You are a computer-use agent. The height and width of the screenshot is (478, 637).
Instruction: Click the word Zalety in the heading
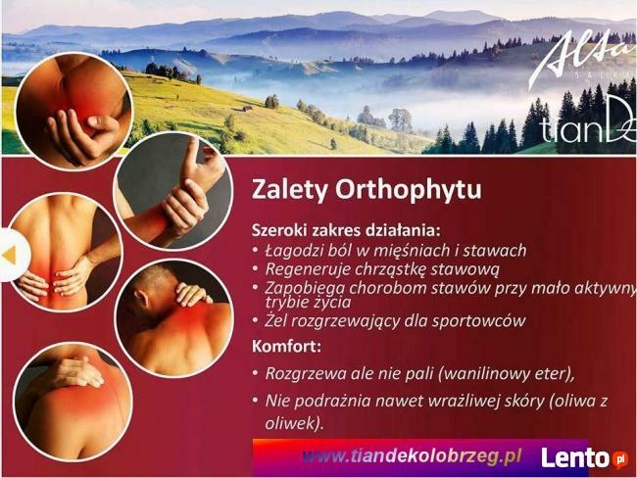coord(286,187)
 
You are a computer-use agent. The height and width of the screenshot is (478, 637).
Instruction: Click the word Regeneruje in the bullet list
coord(309,268)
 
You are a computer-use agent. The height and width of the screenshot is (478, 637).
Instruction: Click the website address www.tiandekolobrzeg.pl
coord(412,456)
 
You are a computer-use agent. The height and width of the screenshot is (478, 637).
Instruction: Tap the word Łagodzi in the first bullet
coord(293,250)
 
